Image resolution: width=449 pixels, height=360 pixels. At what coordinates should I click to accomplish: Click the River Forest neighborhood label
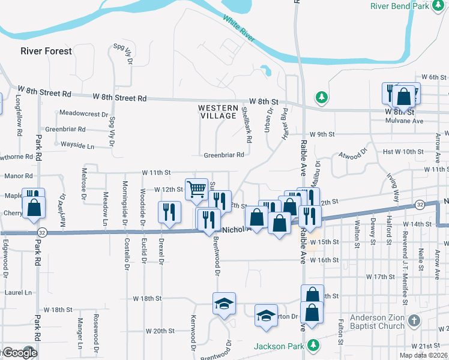(46, 51)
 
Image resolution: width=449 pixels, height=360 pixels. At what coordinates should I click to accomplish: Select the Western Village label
(218, 112)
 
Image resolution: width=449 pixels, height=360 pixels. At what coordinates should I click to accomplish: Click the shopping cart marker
(196, 190)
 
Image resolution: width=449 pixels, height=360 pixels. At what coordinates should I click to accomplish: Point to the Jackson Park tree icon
(313, 345)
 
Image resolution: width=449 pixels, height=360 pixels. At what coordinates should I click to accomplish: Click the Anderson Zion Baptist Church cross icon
(413, 320)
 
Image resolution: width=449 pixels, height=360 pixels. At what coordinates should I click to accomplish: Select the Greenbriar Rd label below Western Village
(223, 155)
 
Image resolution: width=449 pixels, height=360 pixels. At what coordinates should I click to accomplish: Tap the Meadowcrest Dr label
(83, 113)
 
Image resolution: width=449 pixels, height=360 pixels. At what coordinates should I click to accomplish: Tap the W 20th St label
(159, 331)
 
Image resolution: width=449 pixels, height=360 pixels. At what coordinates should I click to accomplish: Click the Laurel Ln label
(18, 292)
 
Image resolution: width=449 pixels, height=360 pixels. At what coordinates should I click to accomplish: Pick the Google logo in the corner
(20, 353)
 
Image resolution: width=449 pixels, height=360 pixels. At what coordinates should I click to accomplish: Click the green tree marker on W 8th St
(322, 96)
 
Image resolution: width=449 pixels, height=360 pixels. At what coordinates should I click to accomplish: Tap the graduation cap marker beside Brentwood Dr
(224, 303)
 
